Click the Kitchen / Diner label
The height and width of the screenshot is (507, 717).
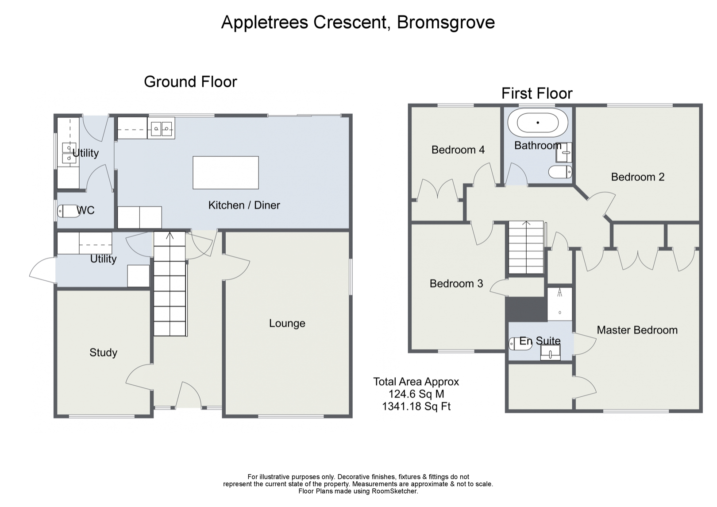point(244,205)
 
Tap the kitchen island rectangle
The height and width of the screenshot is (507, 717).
point(226,173)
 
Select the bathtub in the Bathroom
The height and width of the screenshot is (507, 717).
point(538,123)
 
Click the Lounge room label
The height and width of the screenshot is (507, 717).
point(287,323)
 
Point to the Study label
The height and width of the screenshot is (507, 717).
point(103,352)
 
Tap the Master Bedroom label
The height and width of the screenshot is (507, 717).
point(637,330)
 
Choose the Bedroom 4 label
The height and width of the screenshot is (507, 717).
point(458,150)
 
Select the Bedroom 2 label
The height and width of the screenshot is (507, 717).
point(638,177)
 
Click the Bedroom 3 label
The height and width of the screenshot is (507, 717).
point(456,283)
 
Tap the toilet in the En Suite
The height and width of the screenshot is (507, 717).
point(520,344)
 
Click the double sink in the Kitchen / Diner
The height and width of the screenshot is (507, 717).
point(161,128)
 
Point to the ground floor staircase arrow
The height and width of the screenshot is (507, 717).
point(170,236)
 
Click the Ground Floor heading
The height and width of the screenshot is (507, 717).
point(190,81)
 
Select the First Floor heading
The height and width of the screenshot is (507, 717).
point(537,93)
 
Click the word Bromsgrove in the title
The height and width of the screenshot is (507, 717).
point(446,23)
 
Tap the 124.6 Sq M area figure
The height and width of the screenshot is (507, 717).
point(416,394)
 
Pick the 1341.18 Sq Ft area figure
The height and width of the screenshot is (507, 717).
point(416,406)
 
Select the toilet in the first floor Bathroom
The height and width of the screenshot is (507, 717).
point(560,172)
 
